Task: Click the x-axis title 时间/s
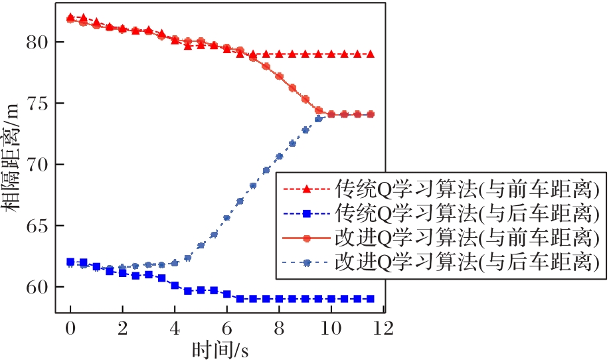click(x=221, y=348)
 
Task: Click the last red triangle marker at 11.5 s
click(x=370, y=54)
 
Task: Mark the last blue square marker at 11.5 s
click(x=370, y=299)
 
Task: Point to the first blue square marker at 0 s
click(x=70, y=262)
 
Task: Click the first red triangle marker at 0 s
click(x=70, y=17)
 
